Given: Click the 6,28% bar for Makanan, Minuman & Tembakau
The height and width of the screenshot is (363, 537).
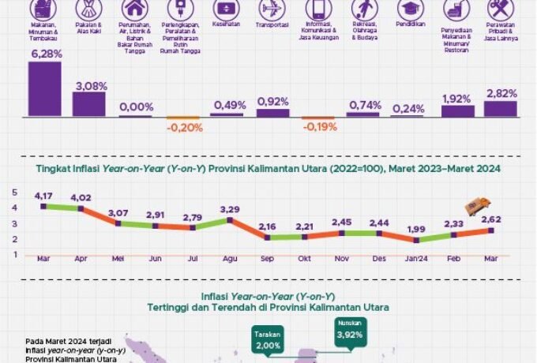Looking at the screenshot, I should pos(45,89).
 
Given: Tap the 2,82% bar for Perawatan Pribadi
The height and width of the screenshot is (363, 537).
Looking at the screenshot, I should pos(501,109).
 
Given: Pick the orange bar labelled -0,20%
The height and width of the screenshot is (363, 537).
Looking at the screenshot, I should pos(185,119).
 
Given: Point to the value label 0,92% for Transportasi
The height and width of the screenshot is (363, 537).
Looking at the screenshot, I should pos(273,102).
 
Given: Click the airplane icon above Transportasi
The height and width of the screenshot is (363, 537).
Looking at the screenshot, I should pos(273,10).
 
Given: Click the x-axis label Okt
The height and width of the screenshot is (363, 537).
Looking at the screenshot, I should pos(303,257).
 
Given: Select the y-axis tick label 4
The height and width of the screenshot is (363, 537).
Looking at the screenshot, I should pos(14,208).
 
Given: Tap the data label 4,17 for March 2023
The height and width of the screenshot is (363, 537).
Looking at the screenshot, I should pos(43,195).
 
